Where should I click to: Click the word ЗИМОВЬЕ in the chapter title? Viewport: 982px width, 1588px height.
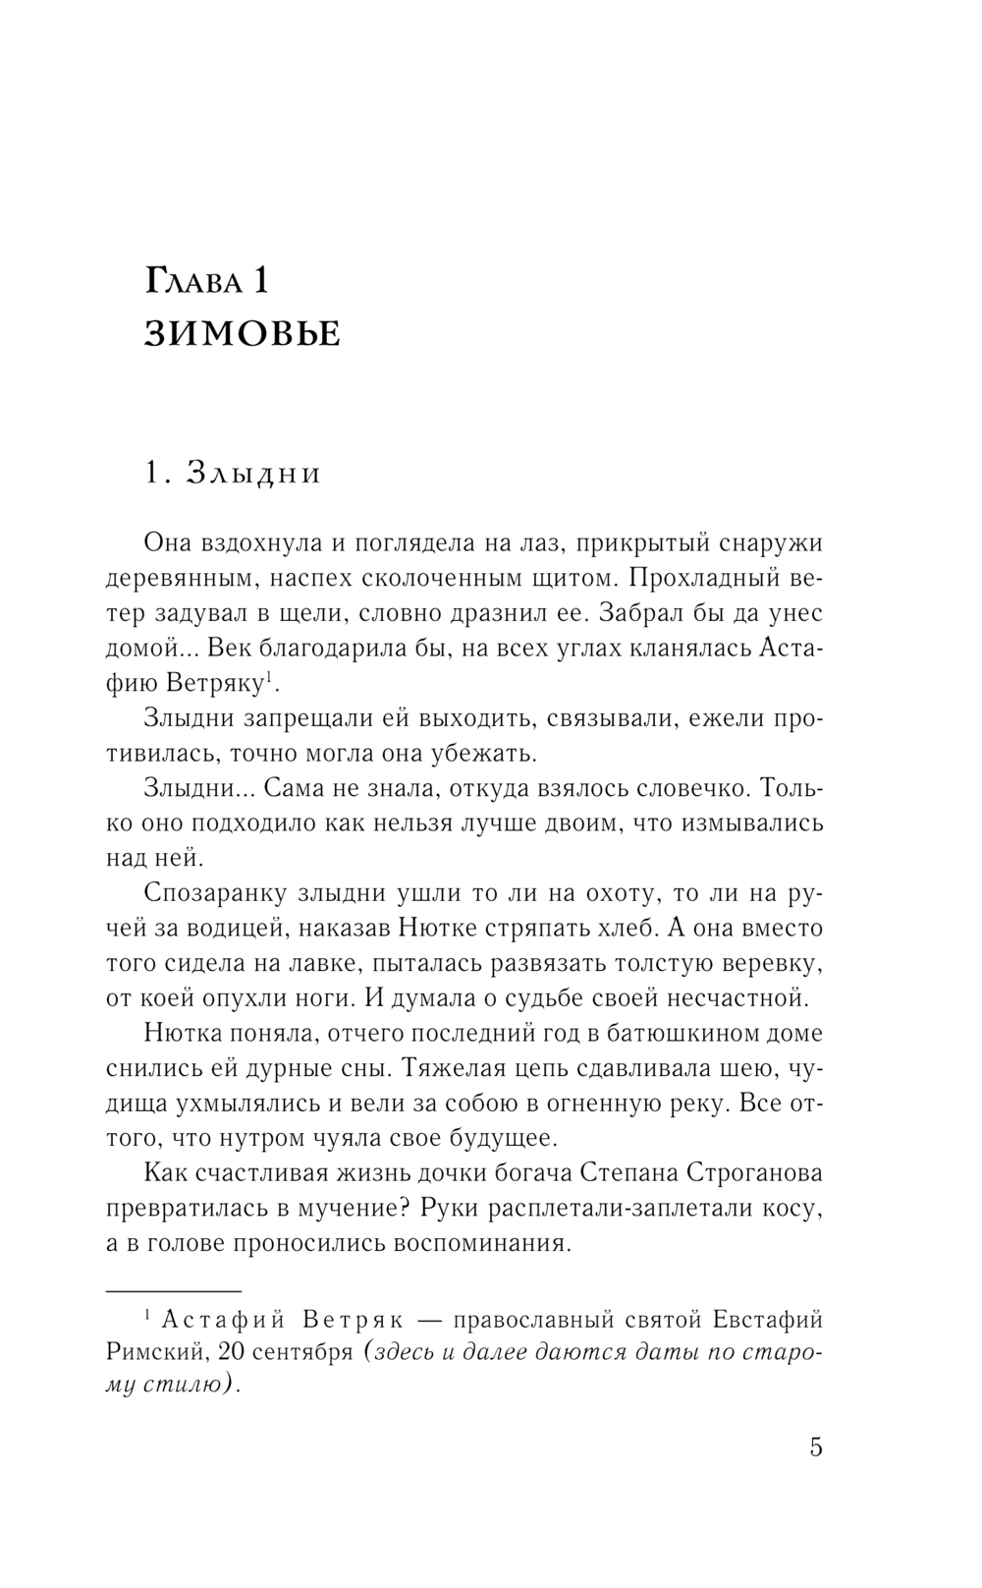pyautogui.click(x=243, y=334)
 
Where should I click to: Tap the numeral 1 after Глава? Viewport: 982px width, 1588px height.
pyautogui.click(x=258, y=281)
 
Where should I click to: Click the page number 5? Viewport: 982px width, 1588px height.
pyautogui.click(x=816, y=1447)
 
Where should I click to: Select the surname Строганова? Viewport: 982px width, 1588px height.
pyautogui.click(x=746, y=1173)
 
